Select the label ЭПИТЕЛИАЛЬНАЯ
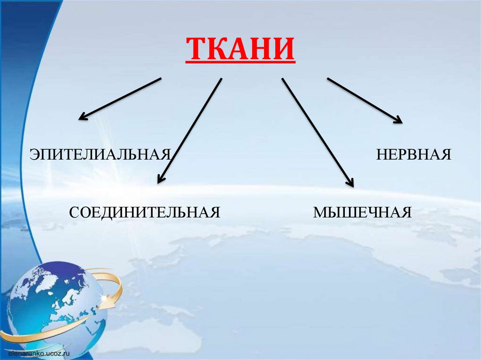[x=100, y=154]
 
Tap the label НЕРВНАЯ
[x=413, y=154]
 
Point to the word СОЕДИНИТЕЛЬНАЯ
[x=145, y=212]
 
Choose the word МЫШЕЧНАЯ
[x=362, y=212]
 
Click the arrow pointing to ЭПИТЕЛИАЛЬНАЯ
[x=120, y=99]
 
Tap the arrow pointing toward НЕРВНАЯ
[x=365, y=100]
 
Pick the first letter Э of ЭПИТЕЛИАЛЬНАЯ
[x=34, y=154]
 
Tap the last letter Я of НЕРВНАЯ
[x=446, y=154]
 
